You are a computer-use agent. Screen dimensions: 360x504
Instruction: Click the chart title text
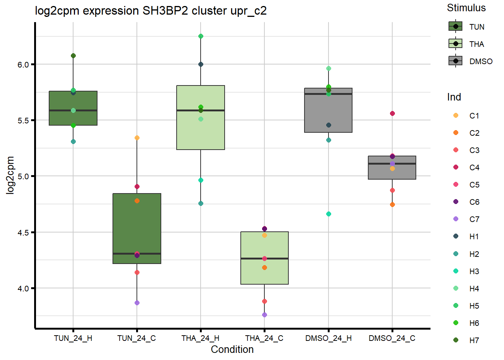(151, 10)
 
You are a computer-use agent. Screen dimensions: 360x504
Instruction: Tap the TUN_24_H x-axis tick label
(73, 338)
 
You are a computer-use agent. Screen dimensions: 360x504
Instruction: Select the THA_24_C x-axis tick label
(264, 338)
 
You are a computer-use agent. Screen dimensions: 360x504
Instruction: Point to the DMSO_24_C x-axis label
(392, 338)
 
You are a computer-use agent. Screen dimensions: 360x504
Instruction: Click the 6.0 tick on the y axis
(23, 65)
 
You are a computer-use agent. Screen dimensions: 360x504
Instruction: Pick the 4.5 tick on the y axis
(23, 233)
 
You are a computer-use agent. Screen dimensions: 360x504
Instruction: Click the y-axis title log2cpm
(10, 175)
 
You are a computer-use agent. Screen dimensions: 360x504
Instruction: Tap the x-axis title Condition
(232, 349)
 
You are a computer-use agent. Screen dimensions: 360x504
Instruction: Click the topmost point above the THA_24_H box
(201, 36)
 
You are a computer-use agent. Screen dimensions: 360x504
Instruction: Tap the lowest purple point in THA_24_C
(264, 315)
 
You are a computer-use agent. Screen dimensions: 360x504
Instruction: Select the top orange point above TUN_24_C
(137, 138)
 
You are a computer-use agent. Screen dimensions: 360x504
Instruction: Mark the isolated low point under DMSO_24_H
(328, 214)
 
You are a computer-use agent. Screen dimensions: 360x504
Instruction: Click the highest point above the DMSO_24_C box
(392, 114)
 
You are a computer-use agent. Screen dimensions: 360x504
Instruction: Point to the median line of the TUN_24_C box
(137, 253)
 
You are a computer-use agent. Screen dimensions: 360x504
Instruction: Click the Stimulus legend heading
(466, 8)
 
